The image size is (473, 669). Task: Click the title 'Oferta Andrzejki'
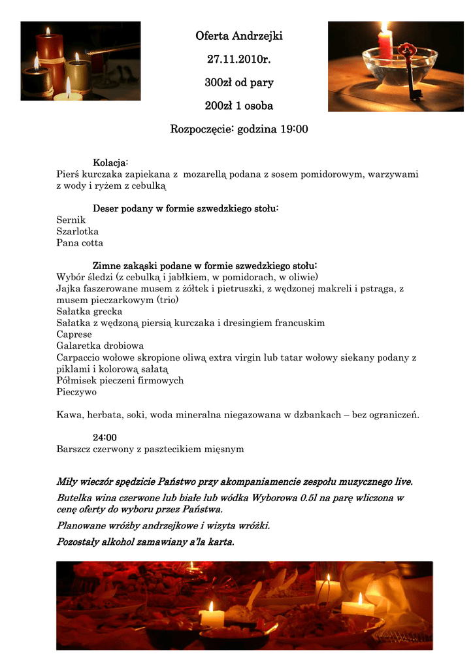pos(238,36)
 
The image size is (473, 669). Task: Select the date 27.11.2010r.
pos(238,59)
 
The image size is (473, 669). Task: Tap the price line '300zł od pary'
pos(238,83)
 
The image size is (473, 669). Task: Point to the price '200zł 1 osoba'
pos(238,106)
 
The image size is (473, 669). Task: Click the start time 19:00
pos(294,129)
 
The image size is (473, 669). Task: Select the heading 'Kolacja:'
pos(110,162)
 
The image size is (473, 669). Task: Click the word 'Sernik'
pos(71,220)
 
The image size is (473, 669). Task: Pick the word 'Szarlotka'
pos(78,231)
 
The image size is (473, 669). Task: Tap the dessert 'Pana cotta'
pos(80,243)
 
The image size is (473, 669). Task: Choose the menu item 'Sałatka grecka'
pos(89,312)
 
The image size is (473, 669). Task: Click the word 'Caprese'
pos(74,334)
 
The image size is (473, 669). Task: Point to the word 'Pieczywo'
pos(76,392)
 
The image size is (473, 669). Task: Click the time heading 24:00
pos(105,437)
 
